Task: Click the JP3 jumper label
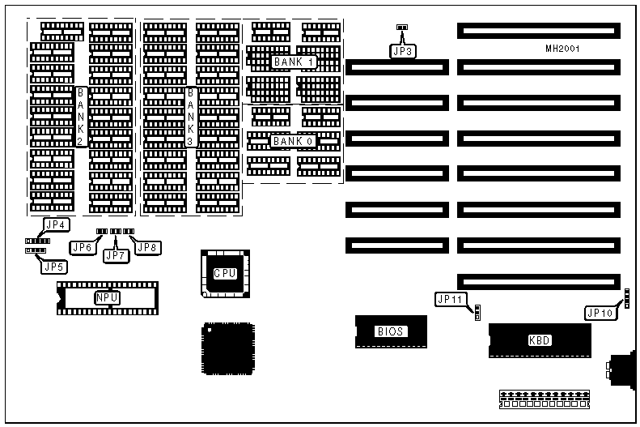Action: pos(402,51)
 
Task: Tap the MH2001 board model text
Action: pos(562,49)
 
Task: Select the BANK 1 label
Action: pos(293,62)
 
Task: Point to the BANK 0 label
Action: pos(292,141)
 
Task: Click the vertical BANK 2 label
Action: pos(81,118)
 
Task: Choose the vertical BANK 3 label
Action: pos(191,118)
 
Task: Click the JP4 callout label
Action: pos(56,224)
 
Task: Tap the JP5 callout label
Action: pos(53,266)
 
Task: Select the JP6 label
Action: pos(82,247)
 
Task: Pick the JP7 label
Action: pos(116,256)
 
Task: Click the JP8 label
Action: pos(146,247)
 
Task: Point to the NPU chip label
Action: pos(107,298)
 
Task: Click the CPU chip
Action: pos(224,273)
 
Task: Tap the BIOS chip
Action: pos(390,331)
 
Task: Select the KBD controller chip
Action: pos(539,340)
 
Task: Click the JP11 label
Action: pos(449,299)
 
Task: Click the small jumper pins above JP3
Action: pos(402,28)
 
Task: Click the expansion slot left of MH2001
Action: pos(396,69)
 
